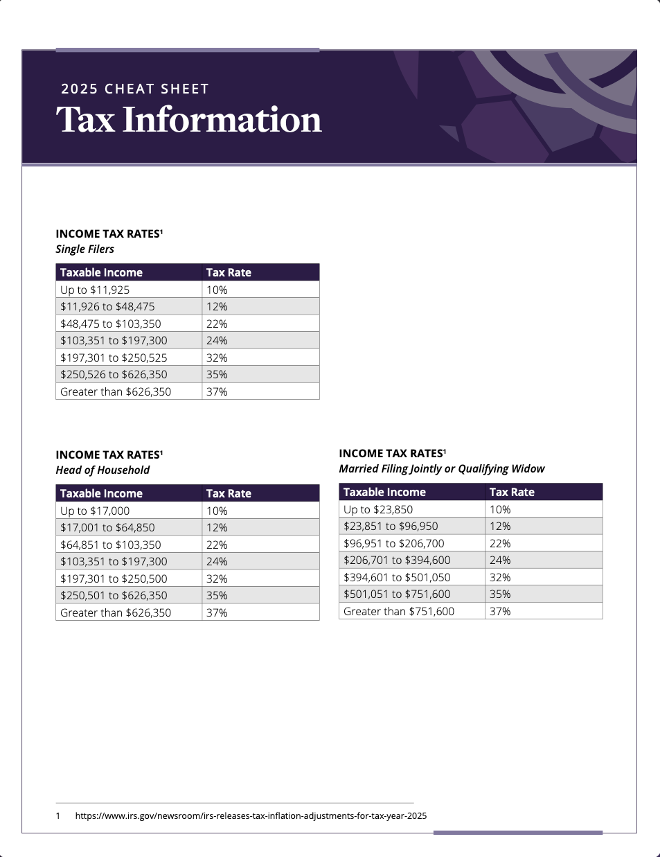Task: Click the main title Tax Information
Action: (188, 120)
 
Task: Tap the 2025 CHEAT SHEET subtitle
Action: (134, 89)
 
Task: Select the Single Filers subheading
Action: (84, 249)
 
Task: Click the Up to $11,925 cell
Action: (95, 290)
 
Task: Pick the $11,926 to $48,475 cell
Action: (107, 306)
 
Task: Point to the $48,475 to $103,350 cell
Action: (110, 324)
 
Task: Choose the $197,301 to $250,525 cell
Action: (114, 357)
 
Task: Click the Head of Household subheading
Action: (102, 470)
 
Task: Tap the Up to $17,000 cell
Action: (95, 511)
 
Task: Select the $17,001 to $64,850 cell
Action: (107, 527)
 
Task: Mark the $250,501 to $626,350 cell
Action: (114, 595)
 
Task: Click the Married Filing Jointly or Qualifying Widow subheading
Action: (441, 469)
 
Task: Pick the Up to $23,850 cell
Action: (378, 509)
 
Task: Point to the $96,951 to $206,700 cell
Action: (393, 543)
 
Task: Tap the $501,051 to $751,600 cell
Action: (397, 594)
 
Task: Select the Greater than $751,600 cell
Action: (399, 611)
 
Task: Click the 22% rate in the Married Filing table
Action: (500, 543)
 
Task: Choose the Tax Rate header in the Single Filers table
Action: (229, 272)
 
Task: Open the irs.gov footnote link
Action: (251, 815)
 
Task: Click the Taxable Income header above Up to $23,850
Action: (384, 492)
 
